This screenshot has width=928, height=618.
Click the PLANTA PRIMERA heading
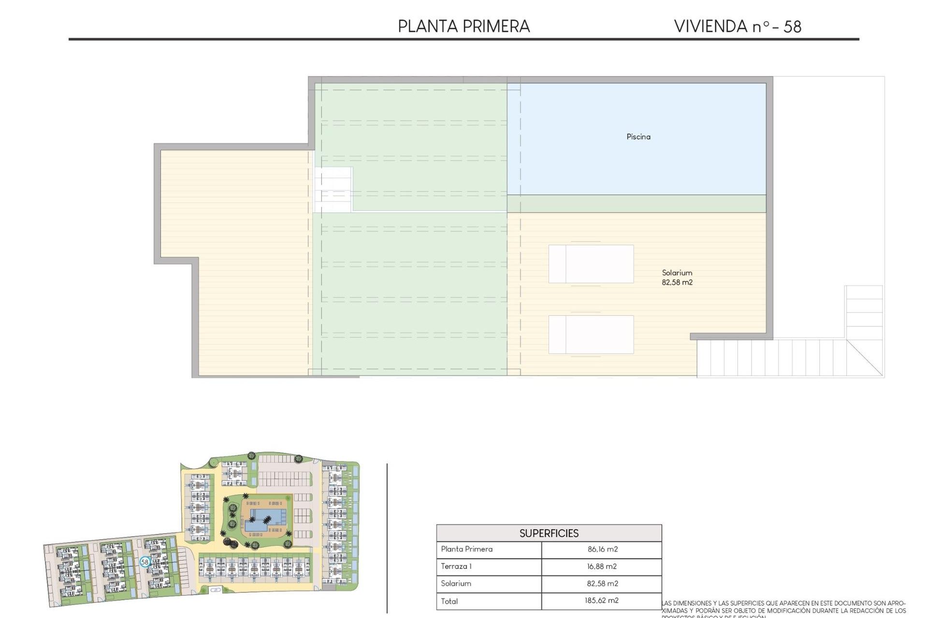[464, 26]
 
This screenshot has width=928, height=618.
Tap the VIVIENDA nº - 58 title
[738, 26]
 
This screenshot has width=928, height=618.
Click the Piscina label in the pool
[638, 137]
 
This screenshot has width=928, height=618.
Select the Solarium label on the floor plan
[677, 273]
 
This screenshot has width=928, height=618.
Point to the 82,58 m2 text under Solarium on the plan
[677, 282]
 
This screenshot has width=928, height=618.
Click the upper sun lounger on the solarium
[591, 264]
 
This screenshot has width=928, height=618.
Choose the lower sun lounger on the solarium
[591, 335]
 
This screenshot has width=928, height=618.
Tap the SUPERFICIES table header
[549, 533]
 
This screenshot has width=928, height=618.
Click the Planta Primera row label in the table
[466, 549]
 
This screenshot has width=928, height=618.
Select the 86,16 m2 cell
[602, 549]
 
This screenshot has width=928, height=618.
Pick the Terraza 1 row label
[456, 566]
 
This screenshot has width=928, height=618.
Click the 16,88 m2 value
[602, 566]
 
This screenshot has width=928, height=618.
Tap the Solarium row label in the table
[455, 583]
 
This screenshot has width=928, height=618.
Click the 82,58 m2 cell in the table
[602, 583]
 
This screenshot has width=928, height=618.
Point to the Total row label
[449, 601]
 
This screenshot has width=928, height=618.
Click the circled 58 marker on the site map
[145, 562]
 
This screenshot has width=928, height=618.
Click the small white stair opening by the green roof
[333, 190]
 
